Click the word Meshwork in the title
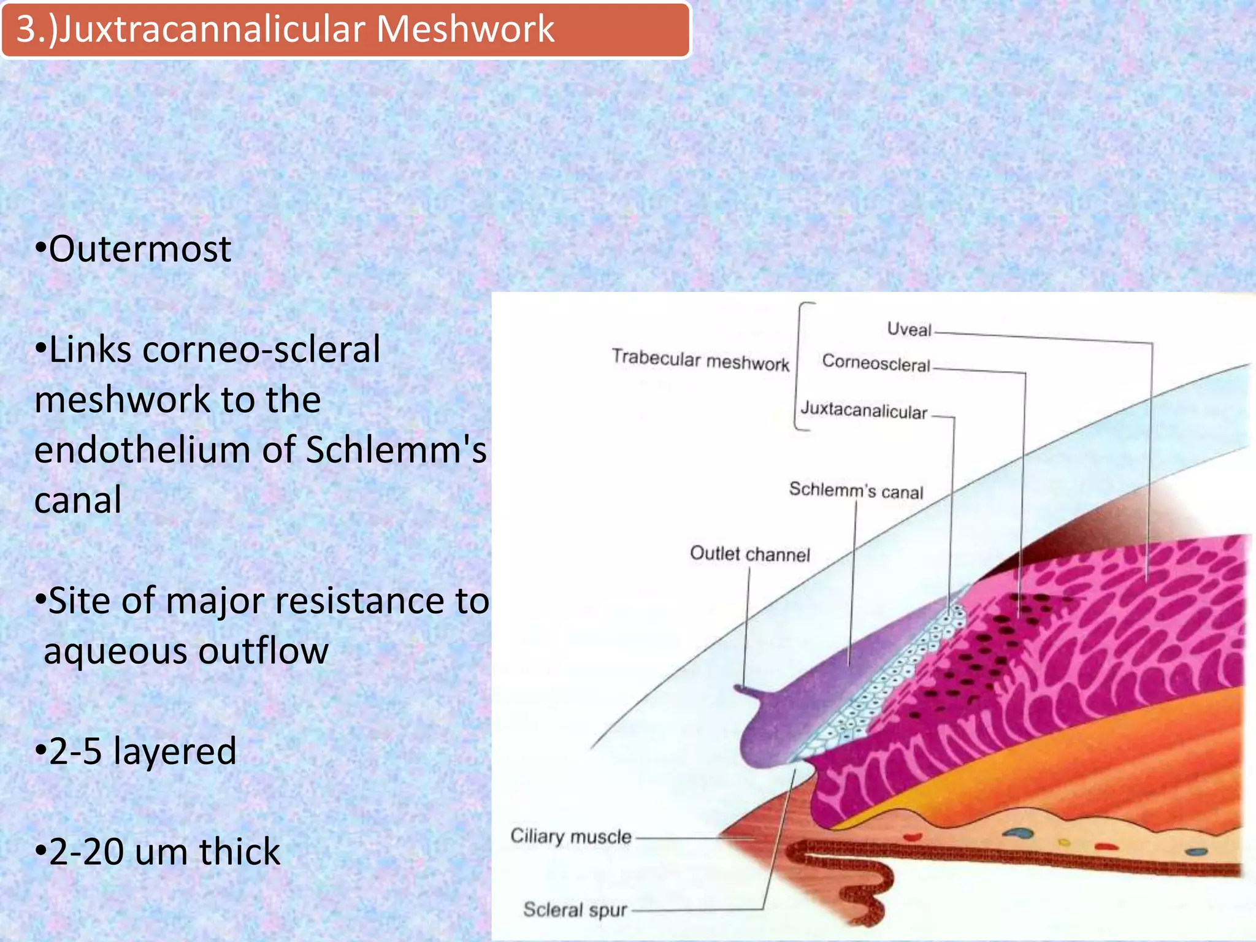coord(465,29)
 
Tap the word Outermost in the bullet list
coord(139,249)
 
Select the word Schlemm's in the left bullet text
coord(396,450)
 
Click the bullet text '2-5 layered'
coord(136,751)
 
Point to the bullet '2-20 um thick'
coord(158,851)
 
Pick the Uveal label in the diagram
coord(909,329)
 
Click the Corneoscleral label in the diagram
coord(876,363)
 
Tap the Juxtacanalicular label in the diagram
coord(863,410)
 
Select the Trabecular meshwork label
coord(700,360)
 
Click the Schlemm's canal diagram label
coord(856,490)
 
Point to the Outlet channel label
coord(749,554)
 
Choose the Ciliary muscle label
coord(570,837)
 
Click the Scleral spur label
coord(575,909)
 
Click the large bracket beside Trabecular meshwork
coord(797,367)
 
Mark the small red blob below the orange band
coord(913,836)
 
